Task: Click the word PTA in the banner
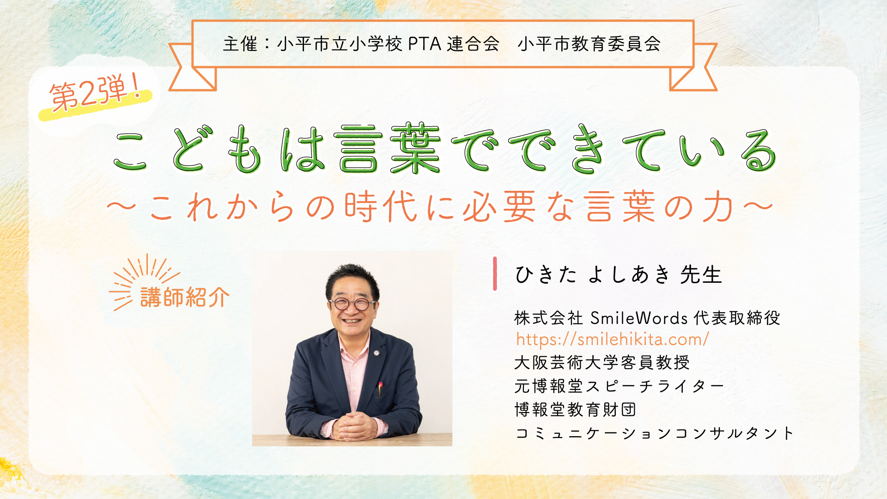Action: tap(425, 44)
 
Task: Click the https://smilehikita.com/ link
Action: tap(612, 340)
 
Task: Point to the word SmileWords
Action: tap(639, 318)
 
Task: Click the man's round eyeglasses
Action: tap(352, 304)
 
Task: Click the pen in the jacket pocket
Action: tap(380, 388)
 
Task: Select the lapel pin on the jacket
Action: tap(377, 353)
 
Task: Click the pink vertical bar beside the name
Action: tap(495, 274)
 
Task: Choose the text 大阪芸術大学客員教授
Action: tap(602, 363)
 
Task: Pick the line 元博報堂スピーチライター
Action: tap(619, 386)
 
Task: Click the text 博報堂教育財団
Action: tap(576, 409)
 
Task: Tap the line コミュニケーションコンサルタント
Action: tap(654, 433)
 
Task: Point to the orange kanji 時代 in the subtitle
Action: tap(381, 207)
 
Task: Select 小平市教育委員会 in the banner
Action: tap(589, 44)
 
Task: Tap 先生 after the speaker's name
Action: tap(701, 275)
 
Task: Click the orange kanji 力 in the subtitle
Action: tap(718, 207)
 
